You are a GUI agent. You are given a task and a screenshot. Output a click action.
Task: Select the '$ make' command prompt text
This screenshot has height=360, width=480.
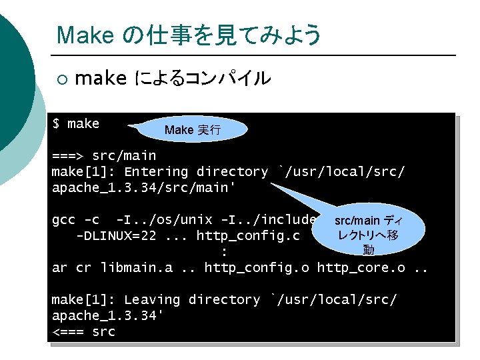coord(75,123)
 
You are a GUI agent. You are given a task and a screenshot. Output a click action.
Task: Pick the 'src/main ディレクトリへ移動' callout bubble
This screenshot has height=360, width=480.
coord(367,235)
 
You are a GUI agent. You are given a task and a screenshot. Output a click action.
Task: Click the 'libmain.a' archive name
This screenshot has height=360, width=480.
coord(136,268)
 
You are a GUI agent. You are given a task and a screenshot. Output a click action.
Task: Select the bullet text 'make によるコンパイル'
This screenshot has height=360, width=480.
coord(173,79)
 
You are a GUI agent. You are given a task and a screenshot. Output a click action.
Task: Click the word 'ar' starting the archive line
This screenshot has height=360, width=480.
coord(59,268)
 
